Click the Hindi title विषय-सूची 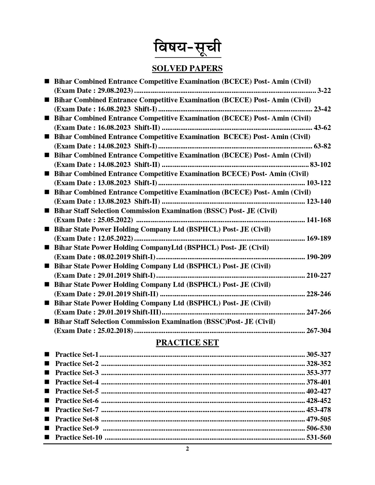tap(187, 48)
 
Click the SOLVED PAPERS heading tap(187, 68)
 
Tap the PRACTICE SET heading tap(187, 343)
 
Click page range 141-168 tap(319, 220)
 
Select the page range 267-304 tap(319, 331)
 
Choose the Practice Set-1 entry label tap(77, 354)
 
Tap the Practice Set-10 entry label tap(79, 437)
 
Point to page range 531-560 tap(319, 437)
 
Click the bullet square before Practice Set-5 tap(47, 391)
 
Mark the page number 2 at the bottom tap(187, 449)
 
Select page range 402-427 tap(319, 391)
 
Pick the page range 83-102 tap(320, 165)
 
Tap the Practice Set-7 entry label tap(77, 410)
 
